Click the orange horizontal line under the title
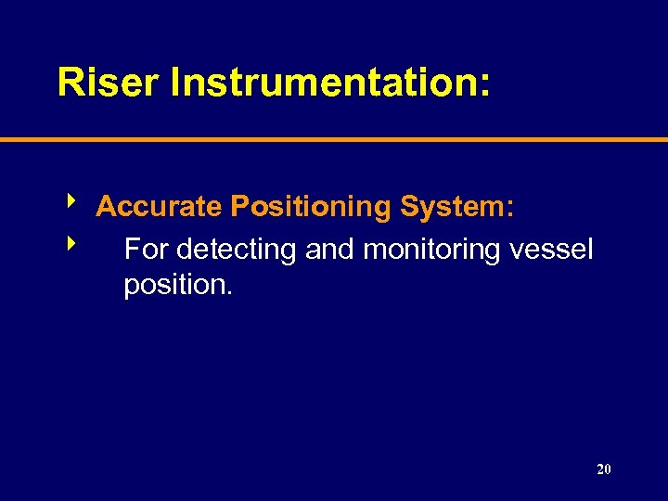pyautogui.click(x=334, y=140)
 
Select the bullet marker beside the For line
pyautogui.click(x=71, y=244)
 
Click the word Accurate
pyautogui.click(x=154, y=206)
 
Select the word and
pyautogui.click(x=330, y=249)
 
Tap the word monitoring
pyautogui.click(x=432, y=249)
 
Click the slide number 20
pyautogui.click(x=604, y=469)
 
